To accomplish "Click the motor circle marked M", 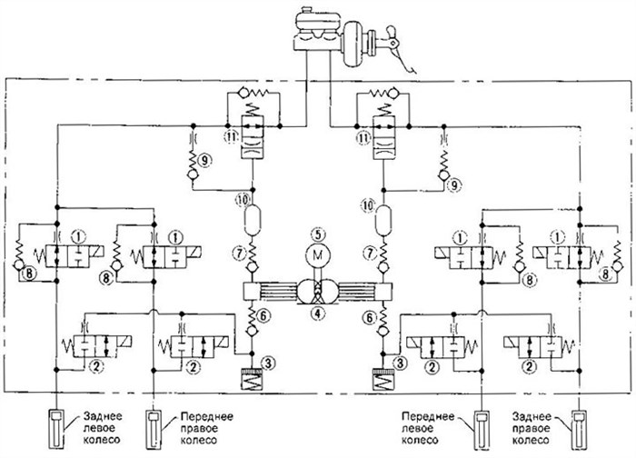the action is [x=318, y=255].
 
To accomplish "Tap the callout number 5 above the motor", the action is [x=318, y=234].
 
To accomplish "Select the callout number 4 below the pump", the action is [x=318, y=313].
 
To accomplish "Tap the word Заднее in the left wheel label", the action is [x=103, y=416].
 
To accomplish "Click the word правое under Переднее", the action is [x=199, y=428].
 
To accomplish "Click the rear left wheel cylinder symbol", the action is [x=56, y=429].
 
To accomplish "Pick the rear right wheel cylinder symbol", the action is [x=579, y=429].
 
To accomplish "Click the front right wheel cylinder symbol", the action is [x=154, y=429].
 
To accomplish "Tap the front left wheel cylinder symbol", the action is [x=482, y=429].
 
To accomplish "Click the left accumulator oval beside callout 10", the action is [x=253, y=220].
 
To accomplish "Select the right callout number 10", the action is [x=368, y=205].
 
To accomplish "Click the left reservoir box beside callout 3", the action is [x=252, y=379].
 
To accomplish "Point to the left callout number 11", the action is [x=231, y=138].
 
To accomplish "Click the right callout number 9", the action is [x=454, y=185].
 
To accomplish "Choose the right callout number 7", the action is [x=369, y=253].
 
